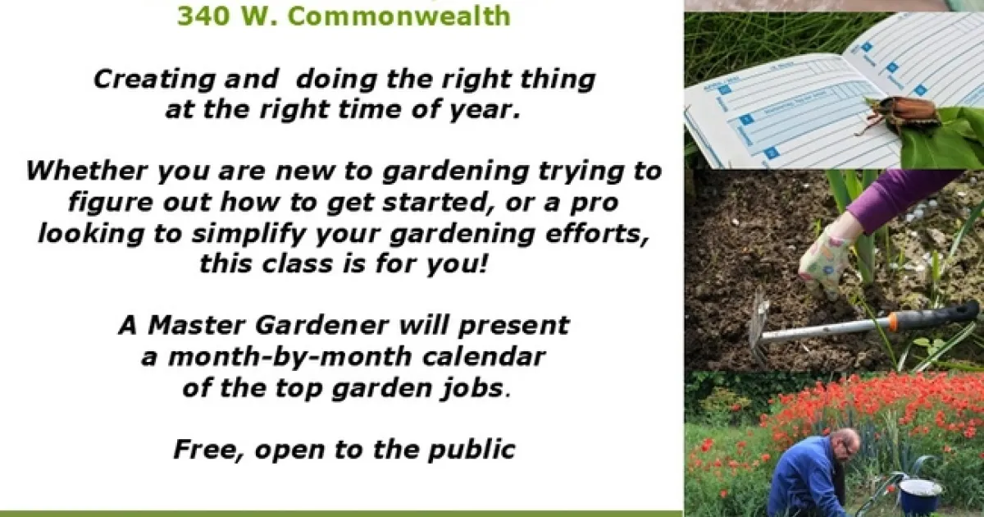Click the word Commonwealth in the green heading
[x=399, y=16]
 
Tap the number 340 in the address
[x=204, y=16]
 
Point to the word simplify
[x=248, y=234]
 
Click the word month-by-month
[x=290, y=357]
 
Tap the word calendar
[x=484, y=356]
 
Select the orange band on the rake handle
[x=894, y=322]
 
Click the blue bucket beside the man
[x=919, y=496]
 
